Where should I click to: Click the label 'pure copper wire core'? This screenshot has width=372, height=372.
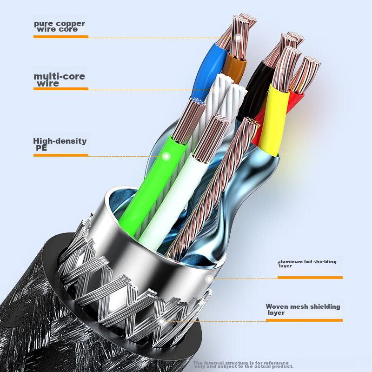(60, 26)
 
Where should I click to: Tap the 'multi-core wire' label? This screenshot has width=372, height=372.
(59, 80)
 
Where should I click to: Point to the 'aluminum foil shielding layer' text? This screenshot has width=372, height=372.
(307, 264)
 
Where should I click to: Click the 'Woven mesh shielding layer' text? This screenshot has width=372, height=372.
(303, 309)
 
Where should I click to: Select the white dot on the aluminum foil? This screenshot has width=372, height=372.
(209, 279)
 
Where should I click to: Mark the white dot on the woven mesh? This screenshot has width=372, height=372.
(161, 321)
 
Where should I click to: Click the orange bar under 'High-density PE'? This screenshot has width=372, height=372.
(60, 155)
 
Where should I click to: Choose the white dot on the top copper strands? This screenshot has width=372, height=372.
(239, 40)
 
